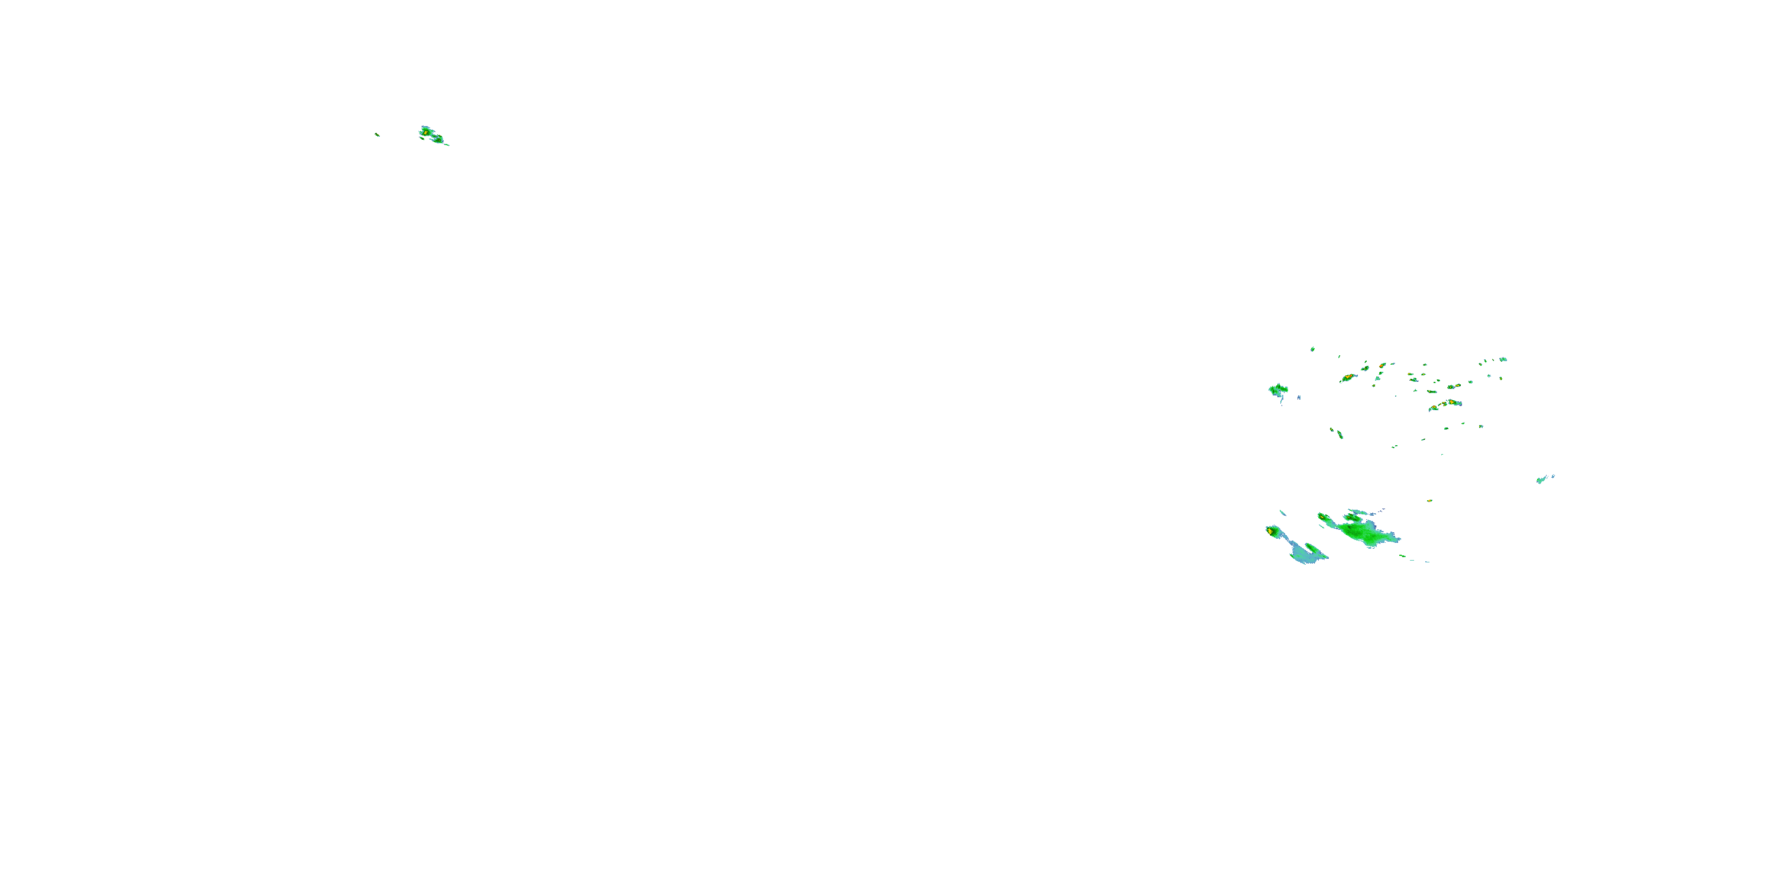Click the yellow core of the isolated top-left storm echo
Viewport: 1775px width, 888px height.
pyautogui.click(x=426, y=131)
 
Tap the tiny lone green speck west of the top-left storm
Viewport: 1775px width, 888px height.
pyautogui.click(x=377, y=134)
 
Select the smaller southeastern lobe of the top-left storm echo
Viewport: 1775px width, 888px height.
pyautogui.click(x=438, y=139)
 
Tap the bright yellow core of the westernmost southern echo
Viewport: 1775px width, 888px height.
pyautogui.click(x=1270, y=531)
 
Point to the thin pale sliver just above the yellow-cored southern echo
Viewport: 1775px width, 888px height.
pyautogui.click(x=1282, y=512)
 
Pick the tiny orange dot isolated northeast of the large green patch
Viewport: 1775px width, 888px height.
pyautogui.click(x=1430, y=500)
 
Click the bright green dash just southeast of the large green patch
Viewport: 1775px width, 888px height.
pyautogui.click(x=1403, y=556)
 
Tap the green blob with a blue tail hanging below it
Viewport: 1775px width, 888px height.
pyautogui.click(x=1278, y=390)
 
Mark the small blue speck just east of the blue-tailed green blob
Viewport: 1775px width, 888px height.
pyautogui.click(x=1299, y=398)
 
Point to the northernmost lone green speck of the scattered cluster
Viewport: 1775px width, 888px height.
pyautogui.click(x=1313, y=349)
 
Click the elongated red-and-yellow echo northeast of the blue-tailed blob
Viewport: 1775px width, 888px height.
pyautogui.click(x=1348, y=378)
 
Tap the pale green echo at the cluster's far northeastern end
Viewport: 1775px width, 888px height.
pyautogui.click(x=1503, y=359)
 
